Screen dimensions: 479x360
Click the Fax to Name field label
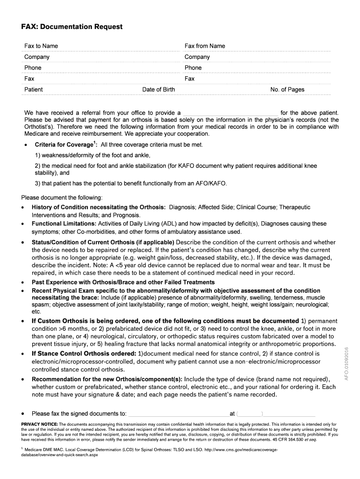[41, 46]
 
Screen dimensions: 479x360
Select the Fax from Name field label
[205, 46]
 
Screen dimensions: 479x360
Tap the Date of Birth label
[158, 89]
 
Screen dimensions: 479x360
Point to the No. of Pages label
[287, 89]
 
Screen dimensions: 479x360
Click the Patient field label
[33, 89]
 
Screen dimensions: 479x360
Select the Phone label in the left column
[33, 67]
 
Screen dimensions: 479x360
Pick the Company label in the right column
[197, 57]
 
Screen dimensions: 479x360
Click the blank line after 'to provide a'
[230, 113]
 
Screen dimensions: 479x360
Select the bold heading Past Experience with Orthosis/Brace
[123, 282]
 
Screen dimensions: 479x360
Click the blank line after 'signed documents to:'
[178, 414]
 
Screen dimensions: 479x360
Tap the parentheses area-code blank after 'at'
[250, 414]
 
